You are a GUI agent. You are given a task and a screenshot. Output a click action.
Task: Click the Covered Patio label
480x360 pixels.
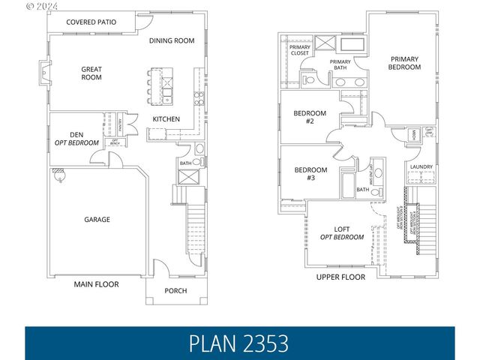coord(91,22)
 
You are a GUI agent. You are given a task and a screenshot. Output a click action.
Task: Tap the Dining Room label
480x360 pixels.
coord(172,40)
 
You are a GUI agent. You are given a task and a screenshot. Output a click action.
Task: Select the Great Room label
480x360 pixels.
coord(91,73)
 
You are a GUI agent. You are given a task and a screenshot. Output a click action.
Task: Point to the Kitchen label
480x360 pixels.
coord(166,119)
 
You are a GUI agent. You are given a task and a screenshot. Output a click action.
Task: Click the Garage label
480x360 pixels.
coord(97,220)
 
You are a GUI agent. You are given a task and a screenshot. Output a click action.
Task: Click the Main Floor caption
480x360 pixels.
coord(96,284)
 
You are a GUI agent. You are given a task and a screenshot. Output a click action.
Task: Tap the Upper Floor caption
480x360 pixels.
coord(341,277)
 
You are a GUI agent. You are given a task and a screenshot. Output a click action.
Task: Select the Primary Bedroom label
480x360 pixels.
coord(405,62)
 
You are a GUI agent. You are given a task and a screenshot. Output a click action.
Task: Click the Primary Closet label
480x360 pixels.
coord(300,50)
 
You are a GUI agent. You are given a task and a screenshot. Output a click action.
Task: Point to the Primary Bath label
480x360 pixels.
coord(340,64)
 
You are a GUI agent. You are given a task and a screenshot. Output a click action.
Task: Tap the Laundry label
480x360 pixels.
coord(420,166)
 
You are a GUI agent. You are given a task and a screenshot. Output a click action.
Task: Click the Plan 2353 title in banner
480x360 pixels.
coord(239,343)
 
